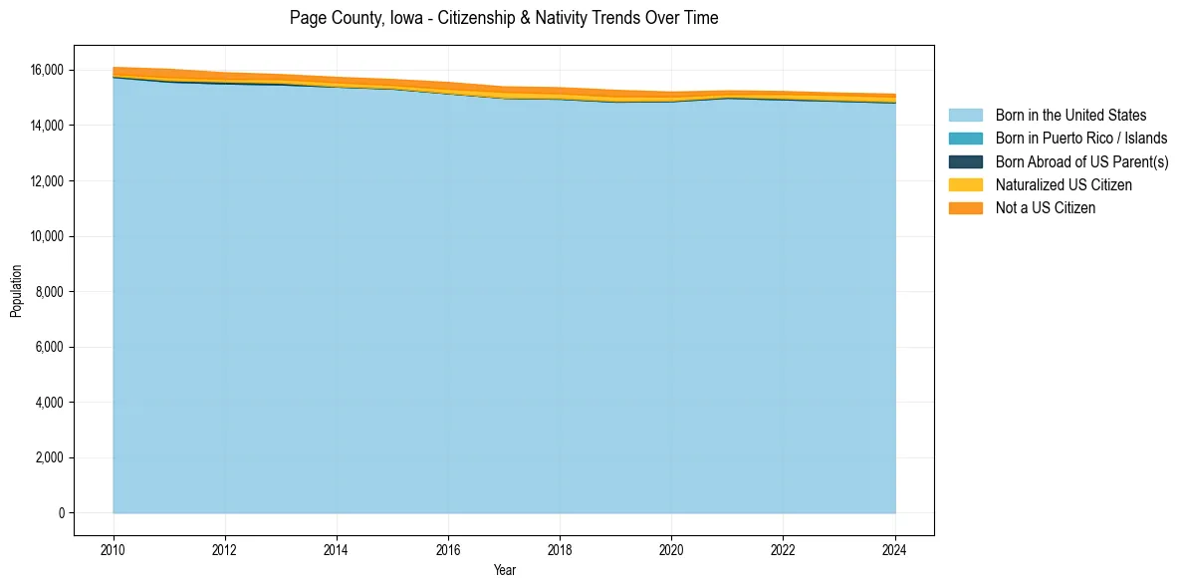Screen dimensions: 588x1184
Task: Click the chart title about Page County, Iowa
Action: tap(504, 18)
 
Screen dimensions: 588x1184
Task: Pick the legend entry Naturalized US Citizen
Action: tap(1064, 184)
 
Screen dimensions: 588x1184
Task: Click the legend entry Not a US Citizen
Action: tap(1045, 207)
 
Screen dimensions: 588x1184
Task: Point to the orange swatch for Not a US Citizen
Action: tap(965, 207)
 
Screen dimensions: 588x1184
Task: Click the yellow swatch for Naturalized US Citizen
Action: tap(965, 184)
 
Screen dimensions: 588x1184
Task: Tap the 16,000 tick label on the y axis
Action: tap(47, 70)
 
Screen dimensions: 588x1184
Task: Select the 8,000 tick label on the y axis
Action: tap(50, 292)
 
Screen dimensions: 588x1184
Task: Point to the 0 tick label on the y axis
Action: tap(61, 513)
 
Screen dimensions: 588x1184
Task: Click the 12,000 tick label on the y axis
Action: tap(47, 181)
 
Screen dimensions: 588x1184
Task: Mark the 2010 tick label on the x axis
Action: tap(114, 549)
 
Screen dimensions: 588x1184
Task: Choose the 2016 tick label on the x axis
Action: tap(448, 549)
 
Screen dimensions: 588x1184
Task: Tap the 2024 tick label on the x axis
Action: tap(895, 549)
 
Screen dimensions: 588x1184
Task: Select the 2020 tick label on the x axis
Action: tap(671, 549)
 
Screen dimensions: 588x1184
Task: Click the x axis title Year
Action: tap(504, 570)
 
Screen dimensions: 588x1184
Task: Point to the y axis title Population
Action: tap(16, 291)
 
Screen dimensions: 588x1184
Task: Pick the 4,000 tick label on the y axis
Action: tap(50, 403)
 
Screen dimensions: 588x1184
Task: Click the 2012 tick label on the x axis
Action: tap(225, 549)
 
